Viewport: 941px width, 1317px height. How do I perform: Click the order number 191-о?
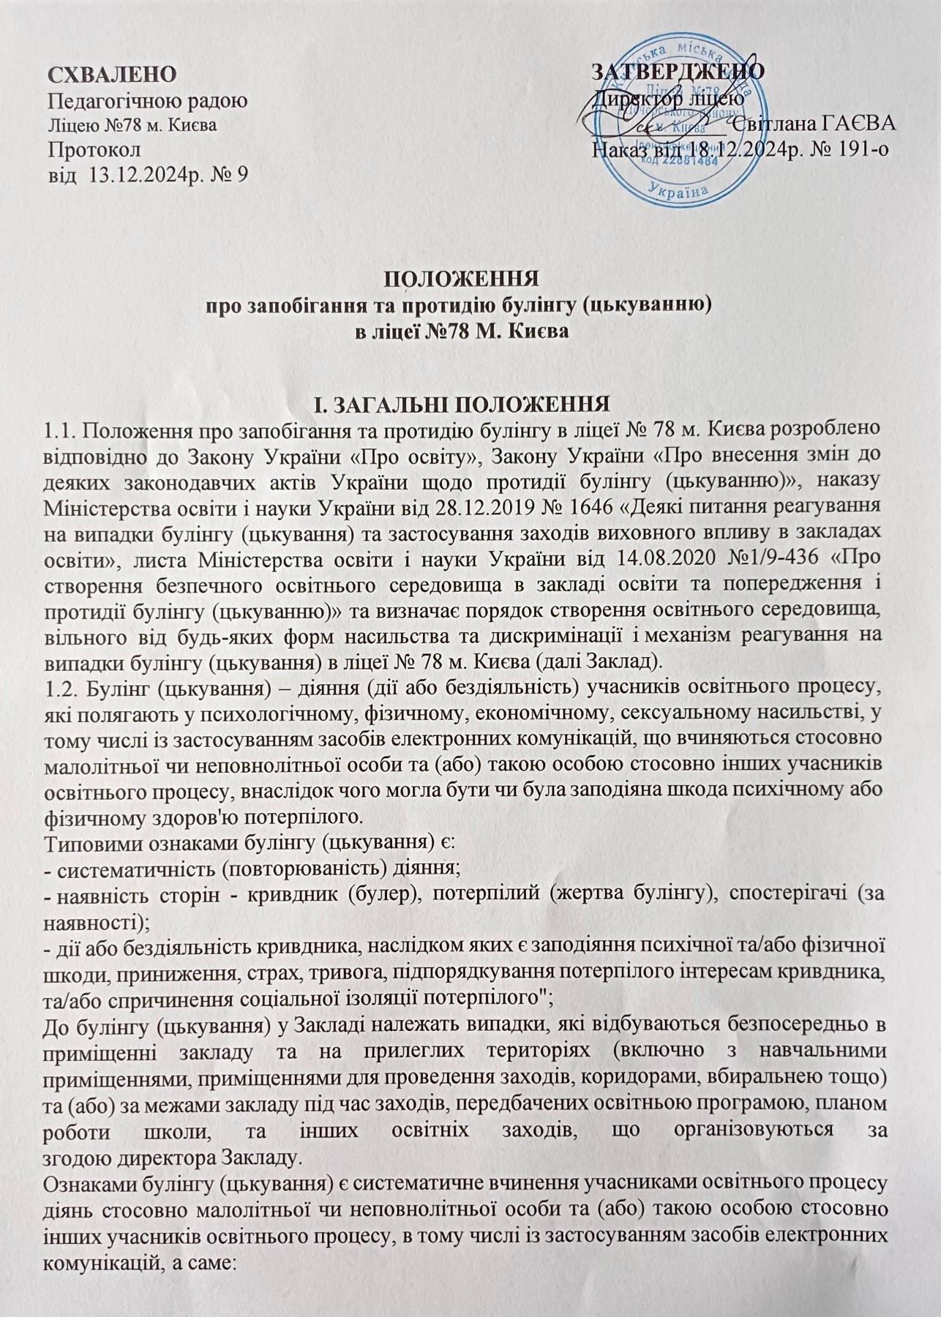(x=862, y=149)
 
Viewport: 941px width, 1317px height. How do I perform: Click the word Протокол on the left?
(x=94, y=149)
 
